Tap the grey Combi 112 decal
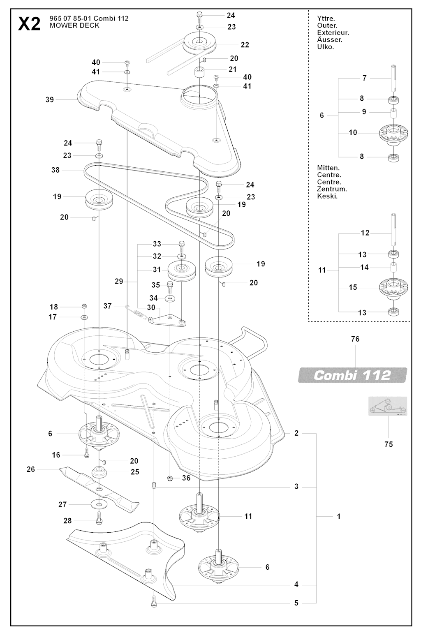click(352, 375)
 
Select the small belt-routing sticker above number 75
click(388, 407)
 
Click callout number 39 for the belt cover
click(50, 99)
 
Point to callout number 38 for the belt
click(56, 170)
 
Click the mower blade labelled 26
click(99, 487)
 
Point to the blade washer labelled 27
click(98, 504)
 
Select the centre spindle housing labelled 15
click(393, 286)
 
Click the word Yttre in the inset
click(326, 18)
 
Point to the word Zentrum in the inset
click(332, 189)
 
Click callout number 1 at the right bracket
click(339, 516)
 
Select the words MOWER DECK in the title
click(74, 25)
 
